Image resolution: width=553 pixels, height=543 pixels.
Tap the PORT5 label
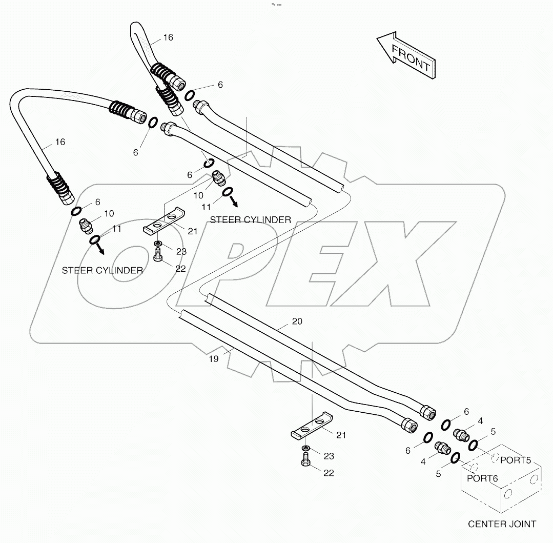point(515,460)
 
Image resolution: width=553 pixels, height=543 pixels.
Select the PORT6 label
point(482,478)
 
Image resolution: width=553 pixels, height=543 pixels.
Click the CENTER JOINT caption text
point(502,524)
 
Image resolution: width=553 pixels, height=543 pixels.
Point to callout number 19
point(214,359)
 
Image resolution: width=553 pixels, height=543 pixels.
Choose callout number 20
point(297,321)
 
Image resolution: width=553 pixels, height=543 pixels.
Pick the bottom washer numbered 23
point(306,449)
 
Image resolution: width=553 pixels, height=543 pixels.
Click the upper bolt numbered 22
point(158,254)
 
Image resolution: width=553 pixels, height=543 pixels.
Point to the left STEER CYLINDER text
point(102,270)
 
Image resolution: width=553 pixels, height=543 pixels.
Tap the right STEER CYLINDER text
point(251,219)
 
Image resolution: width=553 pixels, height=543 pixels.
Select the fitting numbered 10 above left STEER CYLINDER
point(86,225)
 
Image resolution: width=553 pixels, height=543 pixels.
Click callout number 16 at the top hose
point(168,37)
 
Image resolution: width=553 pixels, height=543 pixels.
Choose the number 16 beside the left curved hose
point(60,142)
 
